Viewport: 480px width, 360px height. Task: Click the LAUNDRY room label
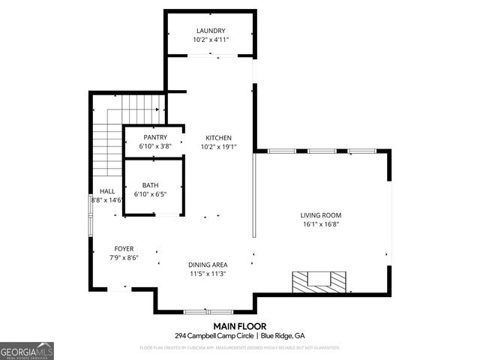(x=211, y=31)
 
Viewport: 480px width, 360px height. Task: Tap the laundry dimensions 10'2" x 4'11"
(x=211, y=40)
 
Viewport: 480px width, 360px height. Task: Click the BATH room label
(x=150, y=185)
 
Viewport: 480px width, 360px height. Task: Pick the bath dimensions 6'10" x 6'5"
(x=150, y=194)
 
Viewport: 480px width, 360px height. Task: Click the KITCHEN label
(x=218, y=138)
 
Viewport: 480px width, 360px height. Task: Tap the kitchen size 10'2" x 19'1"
(x=218, y=147)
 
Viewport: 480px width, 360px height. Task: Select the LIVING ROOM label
(x=321, y=214)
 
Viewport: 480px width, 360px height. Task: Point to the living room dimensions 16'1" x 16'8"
(x=321, y=223)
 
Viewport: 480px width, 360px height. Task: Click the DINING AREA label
(x=208, y=265)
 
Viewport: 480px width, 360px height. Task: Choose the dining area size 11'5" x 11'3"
(x=208, y=274)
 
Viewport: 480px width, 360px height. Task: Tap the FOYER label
(x=124, y=248)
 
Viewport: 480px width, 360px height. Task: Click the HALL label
(x=97, y=191)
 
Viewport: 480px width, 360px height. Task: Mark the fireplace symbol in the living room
(x=320, y=281)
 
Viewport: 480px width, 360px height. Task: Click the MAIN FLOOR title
(x=239, y=326)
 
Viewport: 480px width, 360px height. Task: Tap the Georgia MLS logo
(x=27, y=350)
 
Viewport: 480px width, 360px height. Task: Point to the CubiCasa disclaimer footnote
(x=240, y=347)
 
